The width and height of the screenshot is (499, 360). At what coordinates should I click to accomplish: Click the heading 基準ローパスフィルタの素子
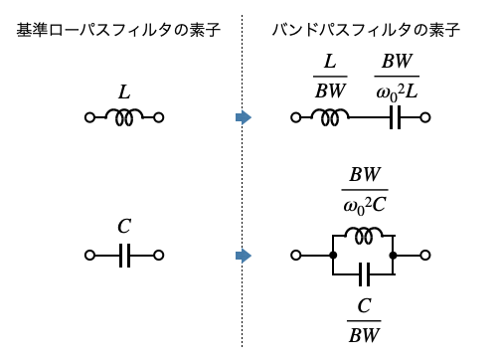pyautogui.click(x=118, y=30)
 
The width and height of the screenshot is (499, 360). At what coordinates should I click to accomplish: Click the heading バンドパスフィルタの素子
pyautogui.click(x=366, y=30)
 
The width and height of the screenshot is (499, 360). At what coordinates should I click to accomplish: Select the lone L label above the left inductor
pyautogui.click(x=124, y=92)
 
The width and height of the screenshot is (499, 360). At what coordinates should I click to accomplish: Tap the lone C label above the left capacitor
pyautogui.click(x=124, y=226)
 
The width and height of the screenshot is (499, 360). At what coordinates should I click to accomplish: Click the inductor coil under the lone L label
pyautogui.click(x=124, y=117)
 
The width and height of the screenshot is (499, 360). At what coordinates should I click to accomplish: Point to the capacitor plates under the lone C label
pyautogui.click(x=124, y=256)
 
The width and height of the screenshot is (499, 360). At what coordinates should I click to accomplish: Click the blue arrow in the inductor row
pyautogui.click(x=244, y=117)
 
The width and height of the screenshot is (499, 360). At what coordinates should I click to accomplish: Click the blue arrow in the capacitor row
pyautogui.click(x=244, y=256)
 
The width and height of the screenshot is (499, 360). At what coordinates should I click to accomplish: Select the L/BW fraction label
pyautogui.click(x=330, y=77)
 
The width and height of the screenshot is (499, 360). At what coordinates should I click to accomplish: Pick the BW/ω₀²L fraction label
pyautogui.click(x=397, y=77)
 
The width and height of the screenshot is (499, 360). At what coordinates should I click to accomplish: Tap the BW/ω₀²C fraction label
pyautogui.click(x=365, y=190)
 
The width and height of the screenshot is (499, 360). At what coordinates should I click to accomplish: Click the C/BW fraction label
pyautogui.click(x=364, y=320)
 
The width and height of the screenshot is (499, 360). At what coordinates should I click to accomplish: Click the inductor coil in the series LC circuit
pyautogui.click(x=330, y=117)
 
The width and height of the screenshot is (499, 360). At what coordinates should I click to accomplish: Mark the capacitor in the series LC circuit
pyautogui.click(x=395, y=117)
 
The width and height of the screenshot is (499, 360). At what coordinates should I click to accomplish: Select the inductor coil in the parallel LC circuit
pyautogui.click(x=364, y=235)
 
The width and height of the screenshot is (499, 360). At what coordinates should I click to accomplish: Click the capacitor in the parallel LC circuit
pyautogui.click(x=365, y=274)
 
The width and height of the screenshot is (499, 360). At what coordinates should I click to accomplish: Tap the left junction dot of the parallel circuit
pyautogui.click(x=333, y=256)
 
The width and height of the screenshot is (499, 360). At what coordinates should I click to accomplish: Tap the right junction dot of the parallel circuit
pyautogui.click(x=393, y=256)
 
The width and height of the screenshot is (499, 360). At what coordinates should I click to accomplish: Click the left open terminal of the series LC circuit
pyautogui.click(x=296, y=117)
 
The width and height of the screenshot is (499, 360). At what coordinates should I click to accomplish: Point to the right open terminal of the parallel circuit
pyautogui.click(x=425, y=256)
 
